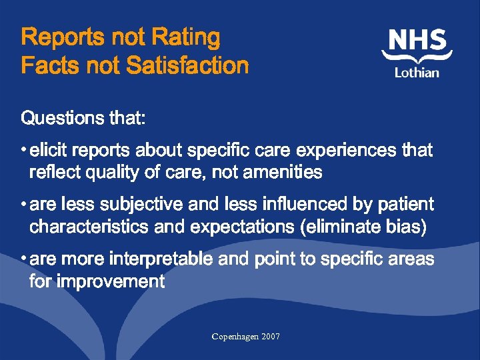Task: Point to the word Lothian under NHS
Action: point(417,71)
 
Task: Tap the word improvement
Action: point(111,281)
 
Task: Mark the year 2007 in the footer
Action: point(271,337)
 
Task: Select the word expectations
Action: point(243,227)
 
